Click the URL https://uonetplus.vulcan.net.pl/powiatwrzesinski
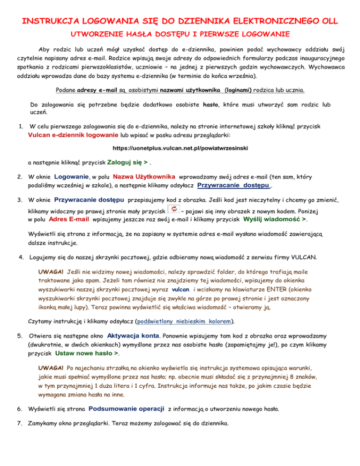180,148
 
